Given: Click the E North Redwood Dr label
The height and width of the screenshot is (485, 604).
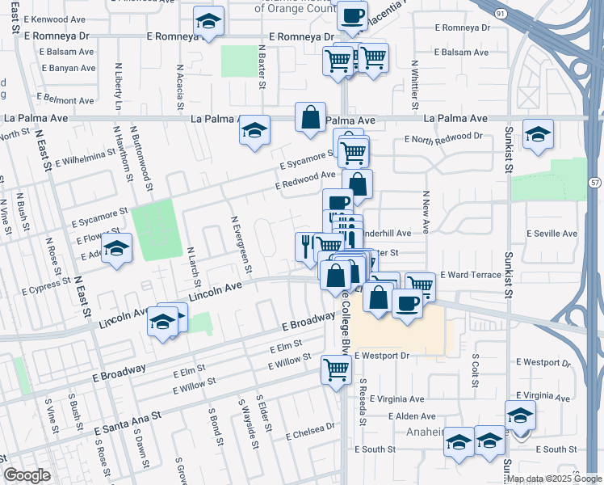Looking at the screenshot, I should pos(446,138).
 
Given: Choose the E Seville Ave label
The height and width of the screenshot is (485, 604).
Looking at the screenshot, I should pos(552,234).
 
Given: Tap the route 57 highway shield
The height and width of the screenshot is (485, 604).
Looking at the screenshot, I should pos(594,184).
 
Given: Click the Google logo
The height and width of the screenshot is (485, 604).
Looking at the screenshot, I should pos(27,475).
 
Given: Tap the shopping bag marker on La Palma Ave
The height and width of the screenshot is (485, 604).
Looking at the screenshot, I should pos(310,117).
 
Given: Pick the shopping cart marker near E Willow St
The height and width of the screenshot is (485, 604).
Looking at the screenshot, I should pos(336,370).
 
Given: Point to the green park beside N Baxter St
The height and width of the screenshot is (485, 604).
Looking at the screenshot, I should pos(237,61).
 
